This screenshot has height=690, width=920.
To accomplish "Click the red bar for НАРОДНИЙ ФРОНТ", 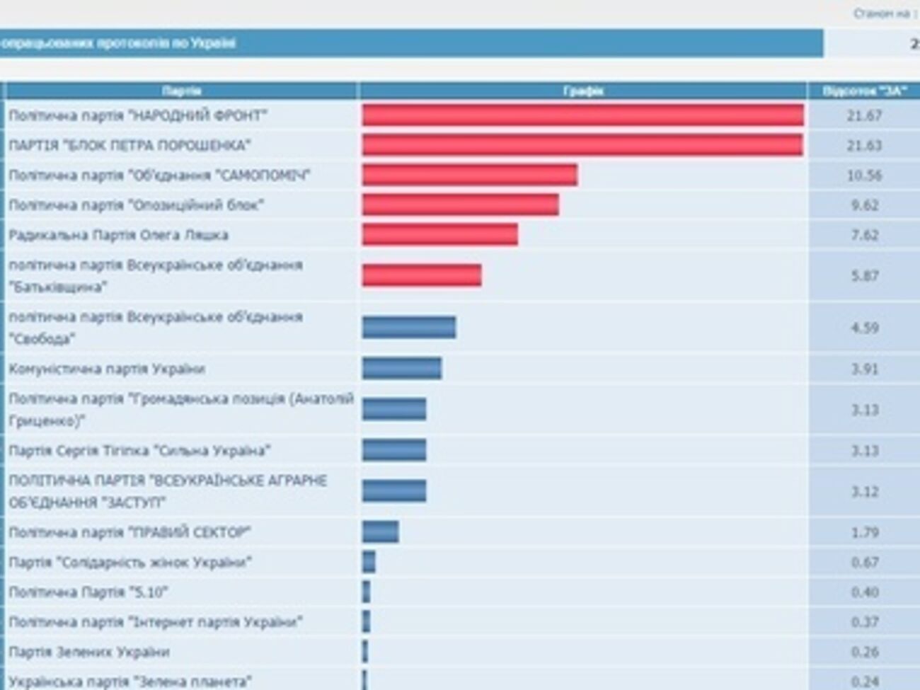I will click(x=582, y=115).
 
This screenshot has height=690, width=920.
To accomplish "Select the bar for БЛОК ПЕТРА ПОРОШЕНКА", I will click(x=582, y=145).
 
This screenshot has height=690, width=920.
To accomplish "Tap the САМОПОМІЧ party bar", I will click(x=469, y=175).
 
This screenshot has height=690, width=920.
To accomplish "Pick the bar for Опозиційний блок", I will click(x=460, y=205).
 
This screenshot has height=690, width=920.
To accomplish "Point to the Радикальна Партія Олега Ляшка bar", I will click(x=439, y=235).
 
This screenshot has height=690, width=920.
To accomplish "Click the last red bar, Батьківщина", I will click(x=422, y=275).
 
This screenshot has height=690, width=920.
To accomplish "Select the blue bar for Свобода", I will click(x=409, y=327).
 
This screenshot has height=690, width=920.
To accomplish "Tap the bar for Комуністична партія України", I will click(x=402, y=368).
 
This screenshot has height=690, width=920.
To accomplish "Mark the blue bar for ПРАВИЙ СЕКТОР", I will click(x=381, y=532).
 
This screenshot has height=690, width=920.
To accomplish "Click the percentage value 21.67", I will click(x=864, y=115).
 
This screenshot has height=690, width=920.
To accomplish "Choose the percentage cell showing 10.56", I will click(x=864, y=175).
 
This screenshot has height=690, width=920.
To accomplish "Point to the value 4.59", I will click(x=864, y=328).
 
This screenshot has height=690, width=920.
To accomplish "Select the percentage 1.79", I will click(x=864, y=532).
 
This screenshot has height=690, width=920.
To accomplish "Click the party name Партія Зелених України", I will click(x=89, y=652).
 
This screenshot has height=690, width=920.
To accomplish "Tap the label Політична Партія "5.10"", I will click(x=88, y=592).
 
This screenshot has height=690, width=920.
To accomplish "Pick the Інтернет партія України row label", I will click(x=156, y=622).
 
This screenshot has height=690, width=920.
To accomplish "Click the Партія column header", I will click(x=181, y=91).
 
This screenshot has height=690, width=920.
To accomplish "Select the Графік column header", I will click(x=583, y=91).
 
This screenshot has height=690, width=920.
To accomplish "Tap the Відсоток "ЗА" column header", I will click(x=864, y=91).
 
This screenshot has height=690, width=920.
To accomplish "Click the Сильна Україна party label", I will click(x=139, y=451).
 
